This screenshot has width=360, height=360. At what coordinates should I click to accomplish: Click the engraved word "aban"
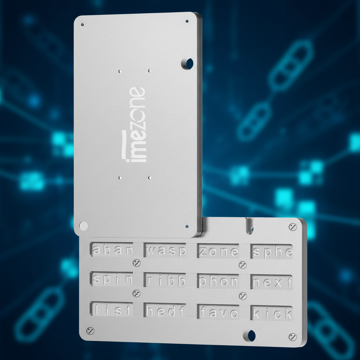click(112, 250)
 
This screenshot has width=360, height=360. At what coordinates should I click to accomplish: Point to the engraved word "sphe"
click(272, 252)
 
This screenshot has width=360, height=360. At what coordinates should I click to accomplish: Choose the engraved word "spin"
click(112, 279)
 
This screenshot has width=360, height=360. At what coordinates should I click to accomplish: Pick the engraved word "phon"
click(218, 282)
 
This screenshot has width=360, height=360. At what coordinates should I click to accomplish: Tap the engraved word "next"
click(272, 282)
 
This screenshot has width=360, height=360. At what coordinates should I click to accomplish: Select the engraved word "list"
click(112, 309)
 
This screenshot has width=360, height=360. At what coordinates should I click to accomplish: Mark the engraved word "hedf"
click(165, 311)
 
